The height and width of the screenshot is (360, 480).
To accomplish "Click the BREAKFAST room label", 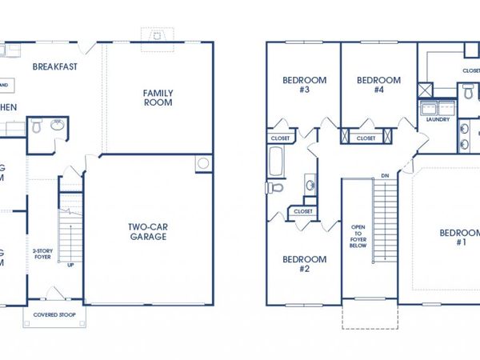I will coord(55,66).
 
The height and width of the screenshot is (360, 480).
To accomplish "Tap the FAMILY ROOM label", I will coord(158,98).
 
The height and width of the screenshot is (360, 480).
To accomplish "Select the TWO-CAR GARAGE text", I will coord(148,231).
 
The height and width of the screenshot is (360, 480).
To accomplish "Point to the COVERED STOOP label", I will coord(54,314).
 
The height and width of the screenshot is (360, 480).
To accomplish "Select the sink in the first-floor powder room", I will coord(36,126).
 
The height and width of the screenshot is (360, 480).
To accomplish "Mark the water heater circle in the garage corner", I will coord(203,164).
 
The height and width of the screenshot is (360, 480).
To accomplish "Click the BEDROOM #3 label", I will coord(296,85).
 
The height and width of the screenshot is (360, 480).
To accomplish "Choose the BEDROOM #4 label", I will coord(378,85).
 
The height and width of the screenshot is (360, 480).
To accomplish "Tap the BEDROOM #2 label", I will coord(304,264).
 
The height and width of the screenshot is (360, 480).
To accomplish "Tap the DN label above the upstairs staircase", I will coord(385,175).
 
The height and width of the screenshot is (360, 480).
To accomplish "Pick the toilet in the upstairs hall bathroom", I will coord(274,188).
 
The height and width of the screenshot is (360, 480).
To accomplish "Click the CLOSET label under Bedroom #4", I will coord(366,138).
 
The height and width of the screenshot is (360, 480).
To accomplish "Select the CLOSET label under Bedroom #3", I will coord(280,138).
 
